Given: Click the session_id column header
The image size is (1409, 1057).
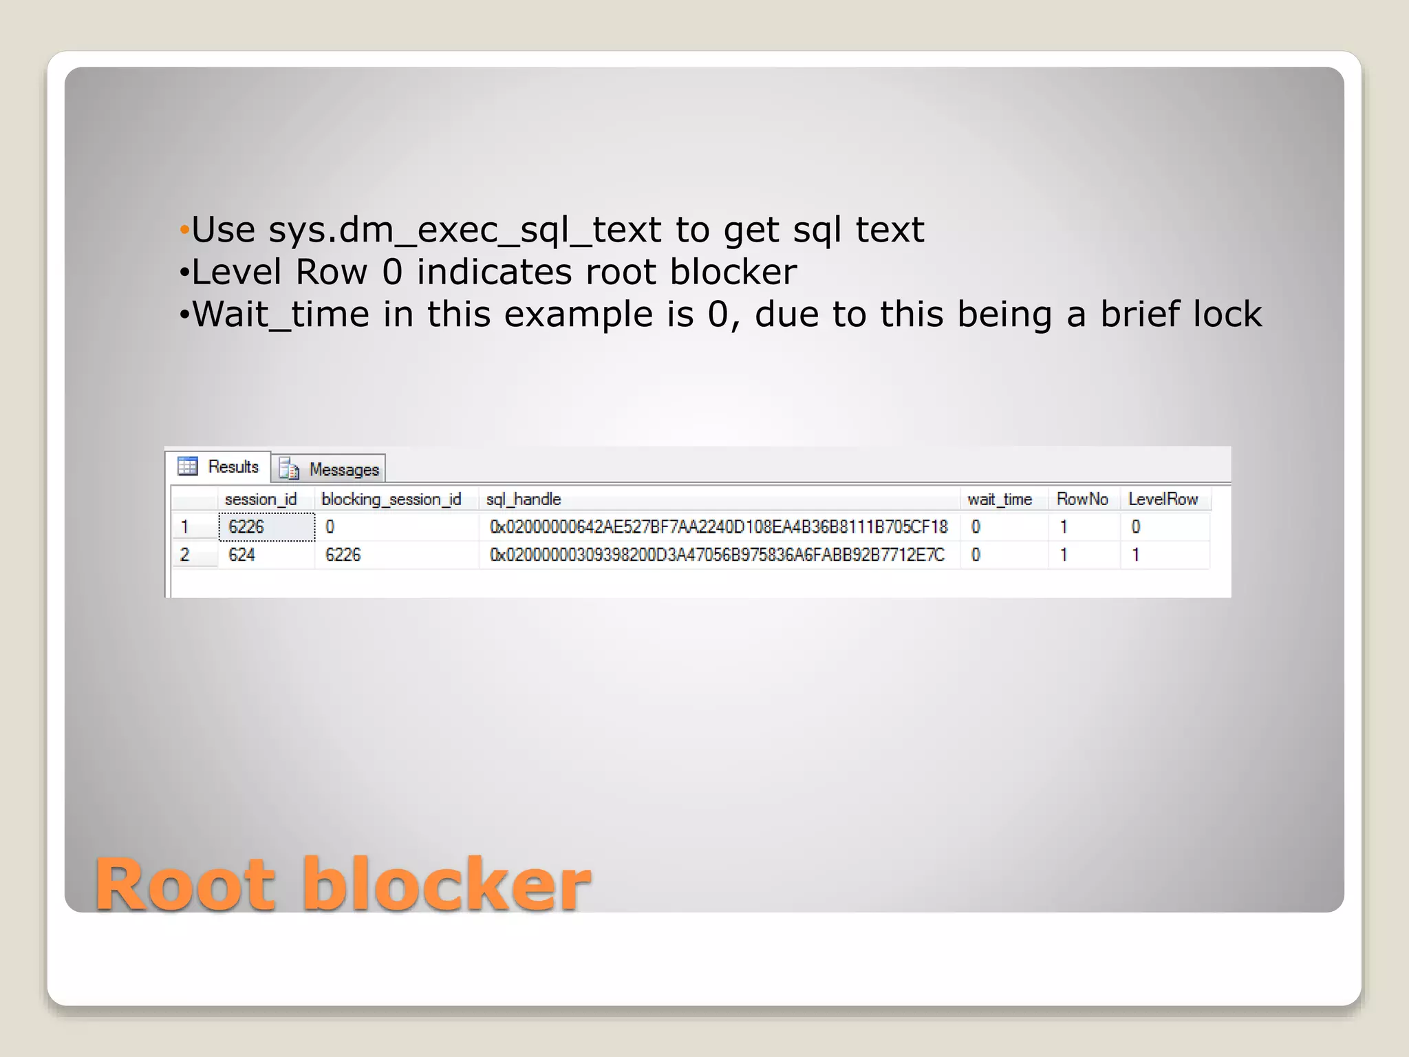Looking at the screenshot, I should click(261, 499).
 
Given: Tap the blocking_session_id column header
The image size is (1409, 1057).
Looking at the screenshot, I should click(391, 499).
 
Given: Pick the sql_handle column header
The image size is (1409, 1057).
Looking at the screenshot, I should click(524, 499).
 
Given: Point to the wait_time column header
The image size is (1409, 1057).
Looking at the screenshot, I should click(1000, 499).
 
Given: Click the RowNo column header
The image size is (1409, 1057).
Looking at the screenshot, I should click(1082, 499).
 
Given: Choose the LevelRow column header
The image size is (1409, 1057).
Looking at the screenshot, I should click(1163, 499).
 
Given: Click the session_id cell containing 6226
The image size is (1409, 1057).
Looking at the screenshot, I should click(246, 527).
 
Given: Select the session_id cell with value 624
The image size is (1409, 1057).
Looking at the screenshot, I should click(241, 555).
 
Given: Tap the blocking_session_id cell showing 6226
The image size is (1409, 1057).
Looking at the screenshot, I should click(343, 555).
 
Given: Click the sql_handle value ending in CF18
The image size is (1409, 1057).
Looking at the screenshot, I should click(718, 527).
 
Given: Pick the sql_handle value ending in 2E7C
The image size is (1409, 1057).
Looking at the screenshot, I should click(717, 555).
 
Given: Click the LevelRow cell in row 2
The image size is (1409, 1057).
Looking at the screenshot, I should click(1136, 555).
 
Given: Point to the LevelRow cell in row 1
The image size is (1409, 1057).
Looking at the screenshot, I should click(1136, 527).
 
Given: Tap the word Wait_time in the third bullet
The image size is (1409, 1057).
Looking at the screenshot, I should click(281, 314).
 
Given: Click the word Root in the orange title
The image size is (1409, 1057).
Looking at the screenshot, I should click(186, 885).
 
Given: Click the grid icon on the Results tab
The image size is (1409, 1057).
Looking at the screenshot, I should click(187, 466).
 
